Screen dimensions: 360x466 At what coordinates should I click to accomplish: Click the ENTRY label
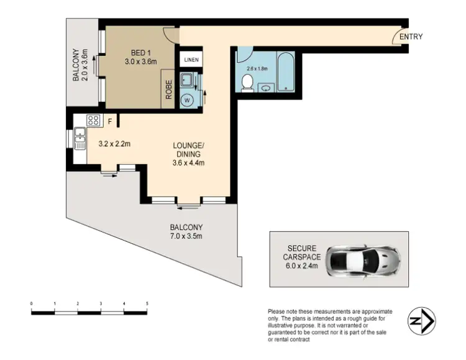pos(411,37)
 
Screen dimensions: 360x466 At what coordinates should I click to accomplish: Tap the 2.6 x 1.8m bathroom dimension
pos(257,68)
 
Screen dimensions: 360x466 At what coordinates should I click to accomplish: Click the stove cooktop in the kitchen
pos(93,121)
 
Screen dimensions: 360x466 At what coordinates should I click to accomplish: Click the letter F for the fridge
pos(109,121)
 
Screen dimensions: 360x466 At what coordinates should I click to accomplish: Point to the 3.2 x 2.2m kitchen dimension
pos(114,145)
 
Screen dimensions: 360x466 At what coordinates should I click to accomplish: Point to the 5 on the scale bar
pos(147,303)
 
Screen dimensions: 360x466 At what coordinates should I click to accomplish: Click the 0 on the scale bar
pos(31,303)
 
